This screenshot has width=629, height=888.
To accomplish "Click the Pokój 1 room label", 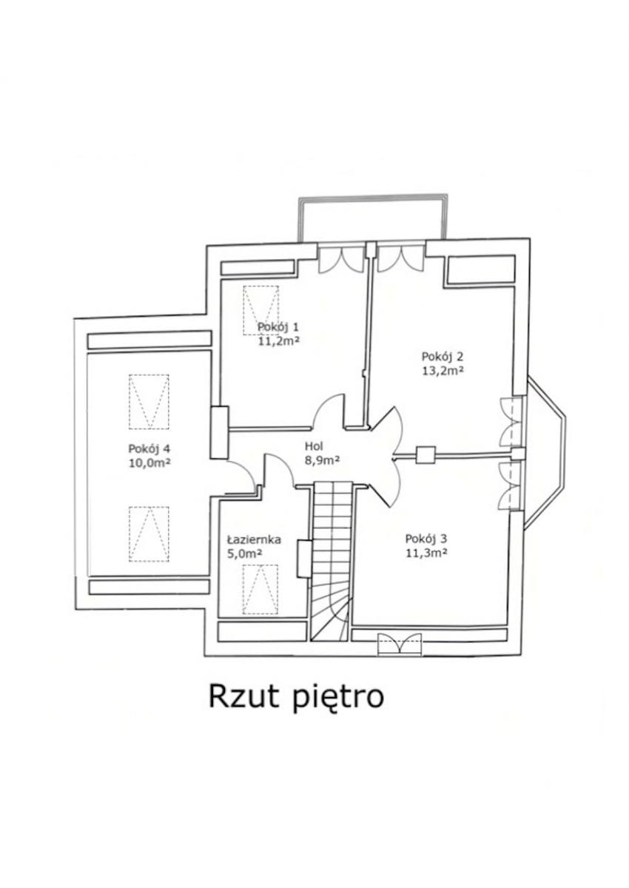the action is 278,327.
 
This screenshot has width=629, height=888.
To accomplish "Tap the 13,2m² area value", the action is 443,370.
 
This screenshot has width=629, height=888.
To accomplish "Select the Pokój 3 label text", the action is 426,539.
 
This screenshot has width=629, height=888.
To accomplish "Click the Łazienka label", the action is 254,539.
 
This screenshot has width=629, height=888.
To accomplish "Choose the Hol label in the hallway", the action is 314,446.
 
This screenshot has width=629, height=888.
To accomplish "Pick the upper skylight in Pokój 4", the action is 149,402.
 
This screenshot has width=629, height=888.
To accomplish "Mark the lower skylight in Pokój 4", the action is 149,534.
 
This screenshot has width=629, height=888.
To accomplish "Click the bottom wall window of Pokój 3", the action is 399,645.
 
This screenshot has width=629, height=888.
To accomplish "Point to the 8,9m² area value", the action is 322,460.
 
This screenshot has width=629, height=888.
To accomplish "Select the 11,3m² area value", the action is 426,553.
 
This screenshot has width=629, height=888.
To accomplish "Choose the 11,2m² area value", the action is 278,341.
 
